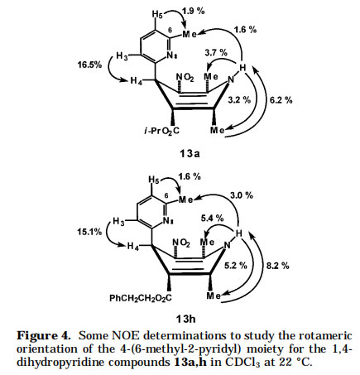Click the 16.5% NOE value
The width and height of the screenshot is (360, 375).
[89, 65]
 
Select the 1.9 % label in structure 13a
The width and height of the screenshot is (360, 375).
[194, 11]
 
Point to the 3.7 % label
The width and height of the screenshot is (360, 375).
[216, 52]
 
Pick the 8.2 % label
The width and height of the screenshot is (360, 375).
[278, 266]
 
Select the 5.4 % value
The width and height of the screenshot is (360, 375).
[212, 219]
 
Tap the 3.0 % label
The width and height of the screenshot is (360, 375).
[242, 195]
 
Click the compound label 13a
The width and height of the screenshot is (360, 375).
[190, 153]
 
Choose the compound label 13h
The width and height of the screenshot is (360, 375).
[185, 320]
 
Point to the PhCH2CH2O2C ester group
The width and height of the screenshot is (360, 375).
[141, 298]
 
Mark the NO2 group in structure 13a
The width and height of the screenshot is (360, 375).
[185, 77]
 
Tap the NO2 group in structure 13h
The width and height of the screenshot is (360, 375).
[181, 243]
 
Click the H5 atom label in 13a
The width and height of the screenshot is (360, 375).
[157, 14]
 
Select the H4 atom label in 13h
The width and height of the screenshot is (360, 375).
[133, 246]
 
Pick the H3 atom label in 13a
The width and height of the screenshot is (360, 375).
[122, 56]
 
